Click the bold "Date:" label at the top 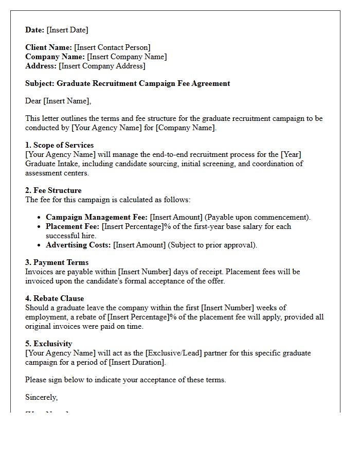tap(35, 30)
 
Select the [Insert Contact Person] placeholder tap(112, 47)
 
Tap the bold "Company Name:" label tap(55, 57)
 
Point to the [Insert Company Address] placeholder tap(102, 66)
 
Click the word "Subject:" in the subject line tap(40, 83)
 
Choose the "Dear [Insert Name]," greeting tap(58, 101)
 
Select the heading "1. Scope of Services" tap(59, 145)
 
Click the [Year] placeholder tap(291, 154)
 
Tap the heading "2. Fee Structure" tap(53, 190)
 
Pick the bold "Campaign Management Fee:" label tap(97, 217)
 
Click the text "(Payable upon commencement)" tap(258, 217)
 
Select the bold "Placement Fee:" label tap(73, 226)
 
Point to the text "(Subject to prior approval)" tap(212, 245)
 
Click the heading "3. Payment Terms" tap(57, 262)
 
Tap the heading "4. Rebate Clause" tap(55, 298)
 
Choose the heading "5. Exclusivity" tap(49, 344)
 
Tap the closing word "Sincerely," tap(42, 397)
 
